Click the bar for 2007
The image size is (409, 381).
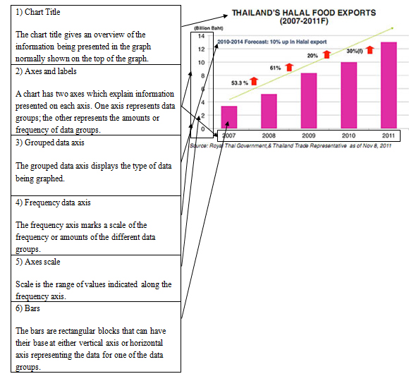(x=229, y=117)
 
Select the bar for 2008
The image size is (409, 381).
(x=269, y=111)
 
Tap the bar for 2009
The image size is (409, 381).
(x=309, y=101)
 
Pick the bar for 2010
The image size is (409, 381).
(x=349, y=95)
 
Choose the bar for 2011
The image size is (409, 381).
(x=389, y=85)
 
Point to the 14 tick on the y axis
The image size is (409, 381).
(x=201, y=36)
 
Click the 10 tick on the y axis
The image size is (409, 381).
(x=201, y=63)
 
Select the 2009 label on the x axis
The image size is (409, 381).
(x=309, y=135)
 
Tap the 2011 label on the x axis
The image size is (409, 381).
(x=389, y=135)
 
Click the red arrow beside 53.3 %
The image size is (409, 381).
(x=254, y=81)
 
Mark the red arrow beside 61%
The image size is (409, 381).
(x=289, y=67)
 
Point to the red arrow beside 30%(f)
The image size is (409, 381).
(x=370, y=50)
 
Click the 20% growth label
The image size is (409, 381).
(x=312, y=56)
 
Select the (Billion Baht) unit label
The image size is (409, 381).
(x=209, y=28)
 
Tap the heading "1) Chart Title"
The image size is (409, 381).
(x=38, y=12)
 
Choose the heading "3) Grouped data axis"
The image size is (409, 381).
(x=50, y=143)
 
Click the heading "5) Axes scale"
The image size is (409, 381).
(x=38, y=262)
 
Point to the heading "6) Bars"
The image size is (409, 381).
(x=28, y=308)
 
